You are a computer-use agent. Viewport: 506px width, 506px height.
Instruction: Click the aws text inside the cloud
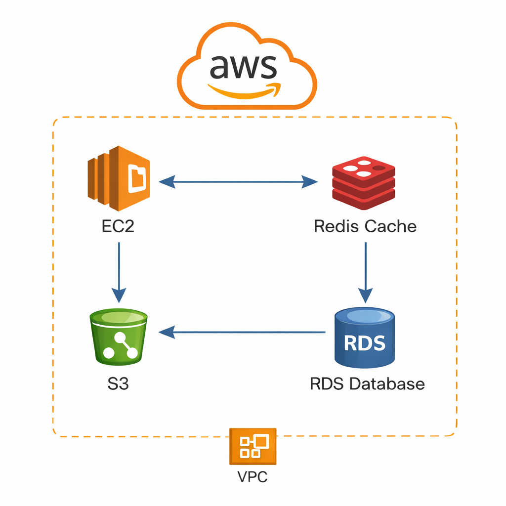click(243, 68)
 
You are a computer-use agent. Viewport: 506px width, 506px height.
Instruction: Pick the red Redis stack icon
click(364, 182)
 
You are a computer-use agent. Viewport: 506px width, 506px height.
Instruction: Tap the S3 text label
click(118, 383)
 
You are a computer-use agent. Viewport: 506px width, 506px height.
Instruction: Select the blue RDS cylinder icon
click(365, 338)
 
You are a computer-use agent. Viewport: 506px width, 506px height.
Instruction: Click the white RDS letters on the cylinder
click(365, 342)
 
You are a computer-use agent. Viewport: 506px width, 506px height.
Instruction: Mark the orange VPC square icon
click(253, 447)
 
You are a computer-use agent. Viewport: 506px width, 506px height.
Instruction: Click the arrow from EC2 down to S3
click(119, 272)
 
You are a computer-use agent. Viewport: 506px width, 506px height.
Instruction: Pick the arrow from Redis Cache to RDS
click(365, 272)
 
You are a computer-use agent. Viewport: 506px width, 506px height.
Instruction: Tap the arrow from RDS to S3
click(242, 332)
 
